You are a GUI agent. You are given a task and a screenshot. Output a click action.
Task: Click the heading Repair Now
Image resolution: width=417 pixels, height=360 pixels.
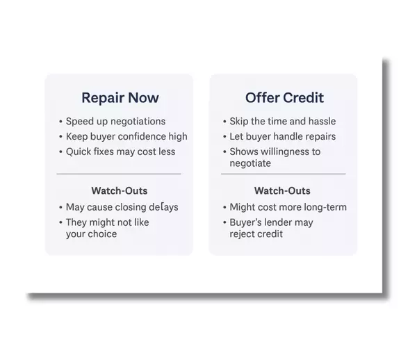[x=120, y=98]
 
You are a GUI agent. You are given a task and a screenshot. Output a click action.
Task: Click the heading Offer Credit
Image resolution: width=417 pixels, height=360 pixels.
[x=284, y=97]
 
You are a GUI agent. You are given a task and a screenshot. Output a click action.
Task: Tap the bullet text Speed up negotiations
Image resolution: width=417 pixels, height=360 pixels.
[x=115, y=122]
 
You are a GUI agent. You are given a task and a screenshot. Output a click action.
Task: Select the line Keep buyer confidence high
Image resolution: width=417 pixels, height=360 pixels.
[x=126, y=136]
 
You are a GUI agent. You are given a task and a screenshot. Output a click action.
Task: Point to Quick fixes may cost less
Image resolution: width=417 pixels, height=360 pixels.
[x=120, y=152]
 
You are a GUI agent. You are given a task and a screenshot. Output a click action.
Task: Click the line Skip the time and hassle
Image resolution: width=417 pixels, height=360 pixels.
[x=283, y=121]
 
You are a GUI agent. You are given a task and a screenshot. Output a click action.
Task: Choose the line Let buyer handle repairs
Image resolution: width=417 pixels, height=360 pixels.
[x=283, y=136]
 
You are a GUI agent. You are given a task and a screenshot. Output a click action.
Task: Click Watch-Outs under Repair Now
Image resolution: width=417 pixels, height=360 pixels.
[x=120, y=191]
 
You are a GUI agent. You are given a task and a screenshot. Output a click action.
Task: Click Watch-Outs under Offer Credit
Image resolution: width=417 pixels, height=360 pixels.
[x=282, y=191]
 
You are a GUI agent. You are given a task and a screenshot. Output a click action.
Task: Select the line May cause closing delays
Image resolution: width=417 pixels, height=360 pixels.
[x=122, y=207]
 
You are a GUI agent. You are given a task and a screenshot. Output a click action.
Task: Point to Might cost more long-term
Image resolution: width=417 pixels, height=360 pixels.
[x=288, y=207]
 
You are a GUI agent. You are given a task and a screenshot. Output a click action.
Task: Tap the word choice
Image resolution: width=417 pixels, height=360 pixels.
[x=102, y=234]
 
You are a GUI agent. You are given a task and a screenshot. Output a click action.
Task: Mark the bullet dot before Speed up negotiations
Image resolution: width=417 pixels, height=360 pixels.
[x=60, y=122]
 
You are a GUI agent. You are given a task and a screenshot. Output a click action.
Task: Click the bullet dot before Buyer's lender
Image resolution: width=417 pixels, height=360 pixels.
[x=224, y=222]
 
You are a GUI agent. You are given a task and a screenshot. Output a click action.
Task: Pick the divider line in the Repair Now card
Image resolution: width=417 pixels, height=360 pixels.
[x=119, y=174]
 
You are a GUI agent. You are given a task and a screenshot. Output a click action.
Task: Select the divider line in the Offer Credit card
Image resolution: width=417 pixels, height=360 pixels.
[x=284, y=174]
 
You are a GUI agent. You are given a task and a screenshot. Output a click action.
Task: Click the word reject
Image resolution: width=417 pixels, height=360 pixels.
[x=243, y=234]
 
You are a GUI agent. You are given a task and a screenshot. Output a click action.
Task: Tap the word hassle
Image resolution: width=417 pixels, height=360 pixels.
[x=322, y=121]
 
